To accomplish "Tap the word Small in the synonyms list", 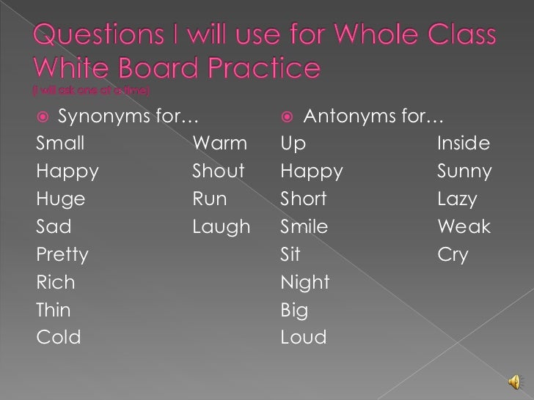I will tap(60, 144).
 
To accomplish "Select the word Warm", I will tap(219, 144).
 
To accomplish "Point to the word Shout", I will tap(219, 171).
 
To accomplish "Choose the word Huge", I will tap(60, 199).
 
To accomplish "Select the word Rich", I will tap(55, 283).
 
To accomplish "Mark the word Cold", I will tap(58, 338).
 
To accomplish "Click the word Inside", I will tap(464, 144).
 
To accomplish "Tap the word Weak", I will tap(464, 227).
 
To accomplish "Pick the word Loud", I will tap(304, 338).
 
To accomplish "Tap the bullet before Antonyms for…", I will tap(288, 116).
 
